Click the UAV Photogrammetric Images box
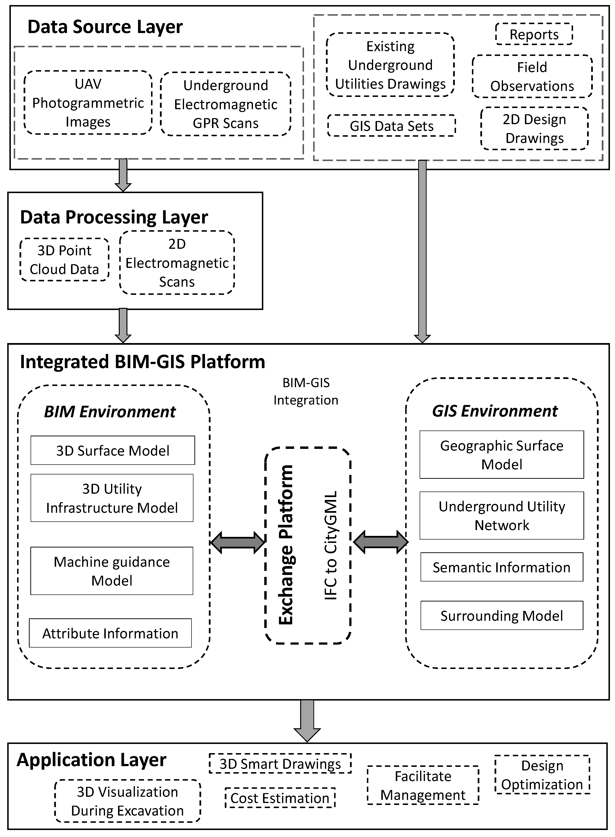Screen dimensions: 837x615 [88, 103]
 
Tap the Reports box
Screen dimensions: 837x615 [534, 34]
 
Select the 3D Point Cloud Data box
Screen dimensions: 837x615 [64, 260]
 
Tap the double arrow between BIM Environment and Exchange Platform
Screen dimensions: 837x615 [238, 543]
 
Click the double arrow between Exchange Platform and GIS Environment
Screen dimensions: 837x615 [380, 542]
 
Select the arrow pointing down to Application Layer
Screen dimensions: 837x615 [307, 721]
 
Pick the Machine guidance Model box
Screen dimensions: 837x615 [112, 571]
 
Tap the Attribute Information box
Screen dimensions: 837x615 [110, 634]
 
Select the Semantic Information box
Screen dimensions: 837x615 [502, 567]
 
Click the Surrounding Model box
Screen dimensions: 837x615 [502, 616]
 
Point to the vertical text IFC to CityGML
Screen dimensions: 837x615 [331, 545]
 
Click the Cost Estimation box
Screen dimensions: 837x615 [280, 798]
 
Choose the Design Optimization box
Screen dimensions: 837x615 [542, 775]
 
